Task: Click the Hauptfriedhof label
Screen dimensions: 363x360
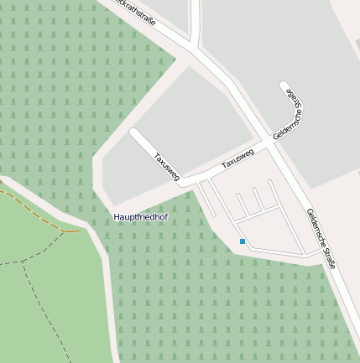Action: pos(140,217)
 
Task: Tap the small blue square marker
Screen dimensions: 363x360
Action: pos(243,241)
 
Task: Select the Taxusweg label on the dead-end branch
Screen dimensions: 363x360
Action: pos(166,167)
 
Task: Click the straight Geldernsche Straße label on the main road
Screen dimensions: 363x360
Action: pos(322,238)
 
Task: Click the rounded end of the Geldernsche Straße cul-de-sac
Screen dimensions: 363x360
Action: pos(284,86)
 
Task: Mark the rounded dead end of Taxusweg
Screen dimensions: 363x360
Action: pos(134,132)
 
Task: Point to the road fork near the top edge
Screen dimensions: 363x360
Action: pos(195,44)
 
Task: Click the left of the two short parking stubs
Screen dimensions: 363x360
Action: pos(241,205)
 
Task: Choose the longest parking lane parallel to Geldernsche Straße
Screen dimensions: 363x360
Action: pos(285,215)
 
